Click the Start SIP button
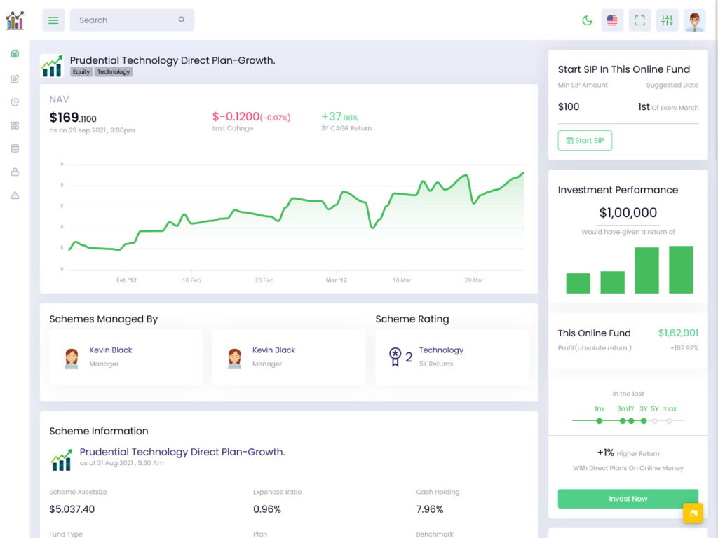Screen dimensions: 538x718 585,141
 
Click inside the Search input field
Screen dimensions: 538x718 126,20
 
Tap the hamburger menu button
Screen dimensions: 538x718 53,20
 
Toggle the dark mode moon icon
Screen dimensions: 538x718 588,20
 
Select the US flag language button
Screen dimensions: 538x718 612,20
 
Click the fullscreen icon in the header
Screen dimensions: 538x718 639,20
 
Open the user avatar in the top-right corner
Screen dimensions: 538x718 694,20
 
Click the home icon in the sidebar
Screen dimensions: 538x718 15,54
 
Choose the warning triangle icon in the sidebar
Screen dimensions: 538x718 15,195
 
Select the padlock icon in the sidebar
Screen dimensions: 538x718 15,172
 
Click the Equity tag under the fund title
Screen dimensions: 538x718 81,72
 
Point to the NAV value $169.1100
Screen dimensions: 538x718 73,118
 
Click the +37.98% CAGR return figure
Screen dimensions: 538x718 340,118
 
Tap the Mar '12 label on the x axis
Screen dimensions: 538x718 336,280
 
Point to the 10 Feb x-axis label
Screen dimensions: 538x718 191,280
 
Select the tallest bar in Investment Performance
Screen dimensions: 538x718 681,270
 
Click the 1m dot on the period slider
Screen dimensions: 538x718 599,421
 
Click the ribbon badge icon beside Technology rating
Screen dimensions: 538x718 395,357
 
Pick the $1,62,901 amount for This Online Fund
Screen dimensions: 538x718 678,333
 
